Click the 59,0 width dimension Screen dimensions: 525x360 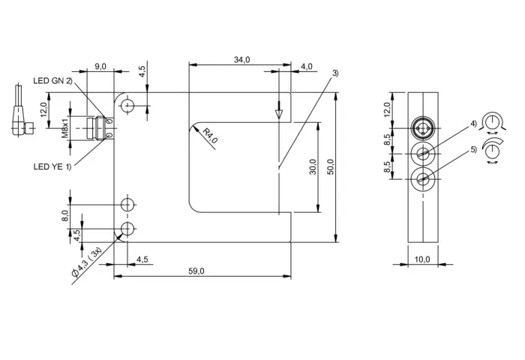pyautogui.click(x=196, y=271)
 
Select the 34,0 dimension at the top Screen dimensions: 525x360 pyautogui.click(x=241, y=59)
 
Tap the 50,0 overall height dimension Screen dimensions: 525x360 pyautogui.click(x=330, y=167)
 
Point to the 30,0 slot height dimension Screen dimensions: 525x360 pyautogui.click(x=313, y=166)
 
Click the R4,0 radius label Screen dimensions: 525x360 pyautogui.click(x=210, y=135)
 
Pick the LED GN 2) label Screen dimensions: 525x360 pyautogui.click(x=52, y=81)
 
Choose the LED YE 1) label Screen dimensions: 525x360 pyautogui.click(x=52, y=166)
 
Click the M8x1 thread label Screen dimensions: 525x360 pyautogui.click(x=64, y=128)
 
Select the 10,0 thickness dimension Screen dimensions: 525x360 pyautogui.click(x=422, y=259)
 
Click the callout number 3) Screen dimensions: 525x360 pyautogui.click(x=335, y=73)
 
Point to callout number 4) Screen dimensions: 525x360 pyautogui.click(x=473, y=124)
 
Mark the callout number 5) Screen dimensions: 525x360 pyautogui.click(x=473, y=149)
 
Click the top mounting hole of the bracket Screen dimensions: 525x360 pyautogui.click(x=127, y=106)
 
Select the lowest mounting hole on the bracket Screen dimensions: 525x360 pyautogui.click(x=127, y=229)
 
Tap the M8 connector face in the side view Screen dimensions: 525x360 pyautogui.click(x=423, y=128)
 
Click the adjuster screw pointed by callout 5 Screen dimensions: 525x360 pyautogui.click(x=423, y=179)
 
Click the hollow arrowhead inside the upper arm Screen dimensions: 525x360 pyautogui.click(x=279, y=114)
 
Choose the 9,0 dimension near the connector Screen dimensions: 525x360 pyautogui.click(x=100, y=66)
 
